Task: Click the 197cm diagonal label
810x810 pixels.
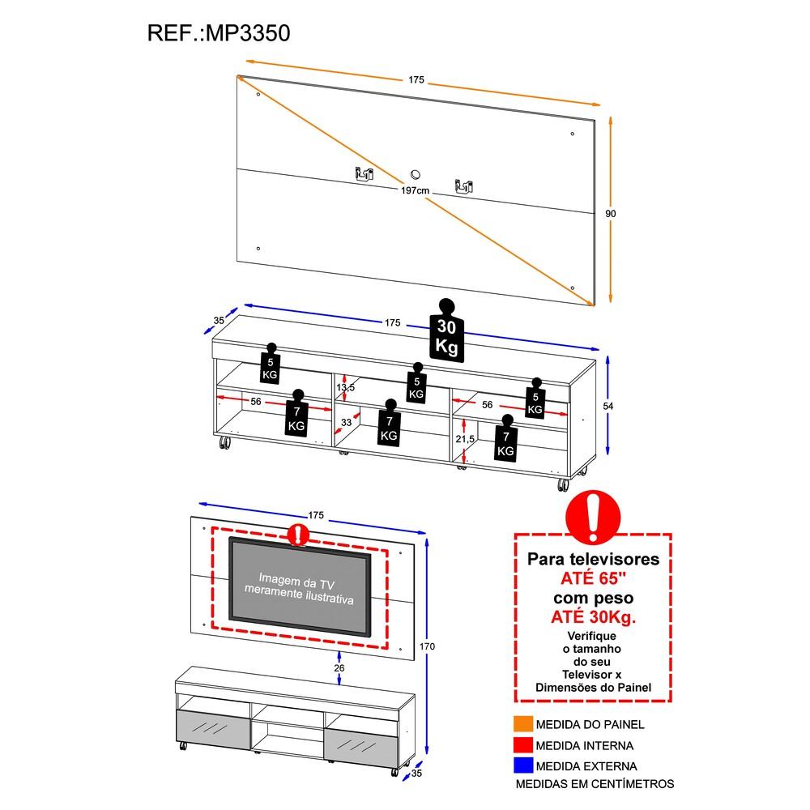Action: pos(414,190)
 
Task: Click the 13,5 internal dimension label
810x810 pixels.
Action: pos(346,388)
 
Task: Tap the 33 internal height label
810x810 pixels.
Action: pos(346,422)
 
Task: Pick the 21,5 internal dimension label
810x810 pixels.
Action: pos(464,438)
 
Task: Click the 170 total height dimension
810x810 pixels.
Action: pos(428,646)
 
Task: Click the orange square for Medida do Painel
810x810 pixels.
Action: pos(522,723)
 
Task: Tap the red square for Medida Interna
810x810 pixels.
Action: pos(522,744)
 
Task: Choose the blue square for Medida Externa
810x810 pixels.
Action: pos(522,765)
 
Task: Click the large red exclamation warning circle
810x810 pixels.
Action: pos(594,516)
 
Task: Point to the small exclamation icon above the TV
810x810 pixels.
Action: pos(299,534)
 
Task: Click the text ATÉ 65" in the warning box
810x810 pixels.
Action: pos(594,578)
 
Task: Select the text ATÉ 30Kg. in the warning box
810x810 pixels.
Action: pos(594,617)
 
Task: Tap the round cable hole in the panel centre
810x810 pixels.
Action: pos(416,173)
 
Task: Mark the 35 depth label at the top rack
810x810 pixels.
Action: pos(219,321)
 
